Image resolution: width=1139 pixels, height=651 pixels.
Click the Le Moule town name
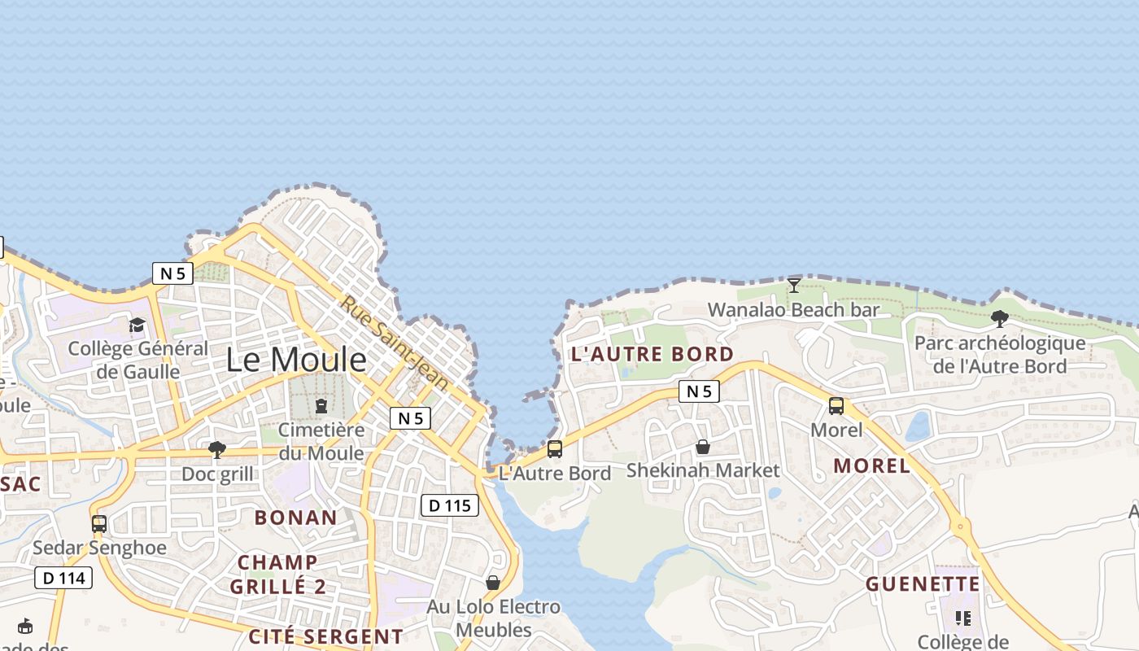(296, 359)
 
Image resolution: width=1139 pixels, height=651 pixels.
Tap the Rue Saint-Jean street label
(395, 342)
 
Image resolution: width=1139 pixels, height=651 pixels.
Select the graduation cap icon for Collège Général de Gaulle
(137, 325)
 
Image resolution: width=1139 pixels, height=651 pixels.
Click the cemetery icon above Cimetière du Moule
(321, 405)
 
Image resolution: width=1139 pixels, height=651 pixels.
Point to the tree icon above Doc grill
(217, 449)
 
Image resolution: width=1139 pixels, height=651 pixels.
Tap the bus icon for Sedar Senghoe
(99, 524)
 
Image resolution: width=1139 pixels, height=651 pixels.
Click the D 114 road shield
(63, 579)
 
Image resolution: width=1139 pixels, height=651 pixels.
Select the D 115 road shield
(450, 505)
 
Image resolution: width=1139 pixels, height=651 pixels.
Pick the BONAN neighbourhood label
(296, 518)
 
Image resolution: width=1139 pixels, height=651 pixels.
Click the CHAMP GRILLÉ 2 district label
(277, 575)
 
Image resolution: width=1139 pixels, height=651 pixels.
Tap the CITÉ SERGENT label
(325, 636)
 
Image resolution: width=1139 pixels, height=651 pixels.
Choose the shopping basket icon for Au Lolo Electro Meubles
(493, 583)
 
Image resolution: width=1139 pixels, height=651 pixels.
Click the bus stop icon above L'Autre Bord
(555, 448)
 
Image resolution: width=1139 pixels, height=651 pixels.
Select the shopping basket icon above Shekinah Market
(703, 447)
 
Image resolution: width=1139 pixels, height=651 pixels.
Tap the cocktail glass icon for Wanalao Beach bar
(794, 285)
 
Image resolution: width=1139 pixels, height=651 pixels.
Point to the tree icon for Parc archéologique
(1000, 319)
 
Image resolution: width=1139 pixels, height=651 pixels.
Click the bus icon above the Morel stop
(836, 405)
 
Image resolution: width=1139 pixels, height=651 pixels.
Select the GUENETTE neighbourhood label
(923, 584)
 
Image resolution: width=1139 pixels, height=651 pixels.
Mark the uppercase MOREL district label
(872, 465)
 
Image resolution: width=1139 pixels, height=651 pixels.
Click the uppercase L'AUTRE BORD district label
(652, 354)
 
